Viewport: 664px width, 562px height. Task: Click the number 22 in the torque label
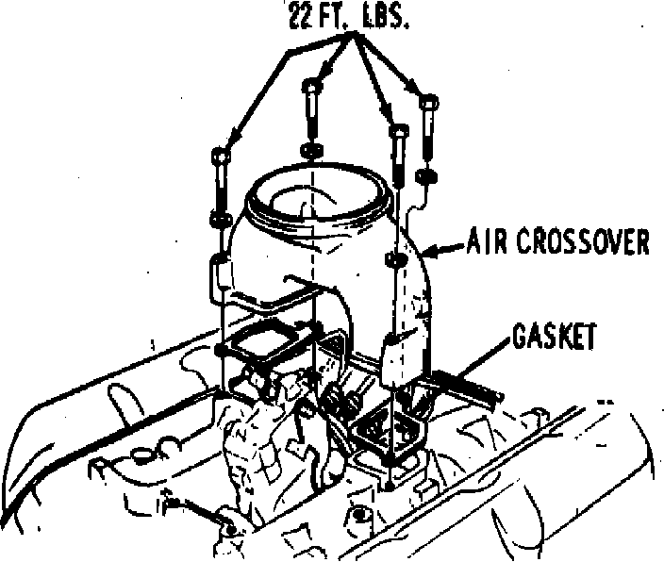(x=305, y=19)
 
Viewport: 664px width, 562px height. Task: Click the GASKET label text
(x=553, y=337)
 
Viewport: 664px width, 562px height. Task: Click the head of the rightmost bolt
(x=427, y=102)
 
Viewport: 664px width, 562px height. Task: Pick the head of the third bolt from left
(x=399, y=131)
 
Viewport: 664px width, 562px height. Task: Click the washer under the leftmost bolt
(x=221, y=220)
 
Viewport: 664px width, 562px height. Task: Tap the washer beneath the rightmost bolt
(x=426, y=176)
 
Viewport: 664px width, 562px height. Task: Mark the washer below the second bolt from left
(x=312, y=151)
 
